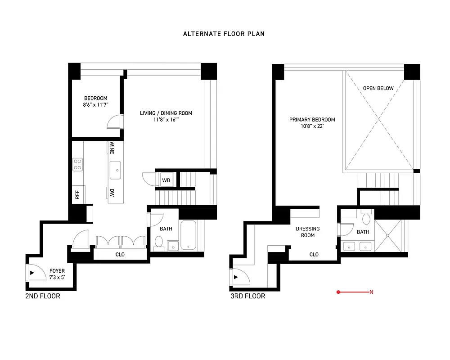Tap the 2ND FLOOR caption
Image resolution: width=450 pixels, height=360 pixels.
pyautogui.click(x=43, y=296)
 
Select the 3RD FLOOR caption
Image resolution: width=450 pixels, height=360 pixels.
pyautogui.click(x=247, y=296)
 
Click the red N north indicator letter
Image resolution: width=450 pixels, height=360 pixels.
pyautogui.click(x=371, y=292)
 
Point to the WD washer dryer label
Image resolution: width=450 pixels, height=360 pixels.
pyautogui.click(x=166, y=180)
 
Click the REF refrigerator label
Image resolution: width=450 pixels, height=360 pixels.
pyautogui.click(x=77, y=194)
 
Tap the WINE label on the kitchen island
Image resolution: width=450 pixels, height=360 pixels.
pyautogui.click(x=111, y=148)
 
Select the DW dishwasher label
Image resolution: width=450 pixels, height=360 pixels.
pyautogui.click(x=111, y=193)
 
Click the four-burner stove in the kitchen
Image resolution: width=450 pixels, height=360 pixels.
pyautogui.click(x=77, y=164)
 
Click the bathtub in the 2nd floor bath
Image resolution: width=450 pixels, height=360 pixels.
pyautogui.click(x=187, y=236)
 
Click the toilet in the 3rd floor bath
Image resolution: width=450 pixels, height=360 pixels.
pyautogui.click(x=366, y=220)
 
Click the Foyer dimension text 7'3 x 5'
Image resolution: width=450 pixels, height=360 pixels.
pyautogui.click(x=57, y=277)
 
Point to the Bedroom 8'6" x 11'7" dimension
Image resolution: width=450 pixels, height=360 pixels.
pyautogui.click(x=96, y=104)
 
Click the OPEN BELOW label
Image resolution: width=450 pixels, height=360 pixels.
pyautogui.click(x=378, y=88)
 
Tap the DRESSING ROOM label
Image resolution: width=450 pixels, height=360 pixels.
pyautogui.click(x=308, y=232)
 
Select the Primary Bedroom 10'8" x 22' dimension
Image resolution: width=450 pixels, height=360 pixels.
pyautogui.click(x=312, y=126)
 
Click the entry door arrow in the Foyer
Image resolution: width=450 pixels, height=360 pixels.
pyautogui.click(x=32, y=273)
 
